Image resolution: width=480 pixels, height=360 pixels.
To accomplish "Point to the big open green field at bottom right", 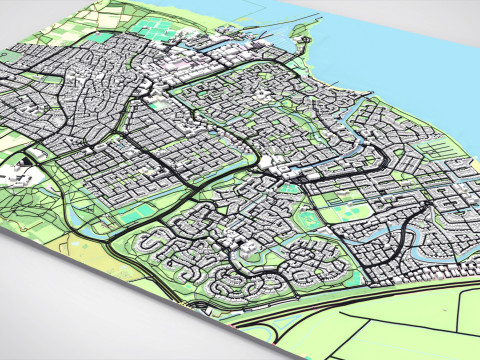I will (x=400, y=320).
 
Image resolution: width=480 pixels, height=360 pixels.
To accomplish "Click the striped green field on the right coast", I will (x=440, y=150).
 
